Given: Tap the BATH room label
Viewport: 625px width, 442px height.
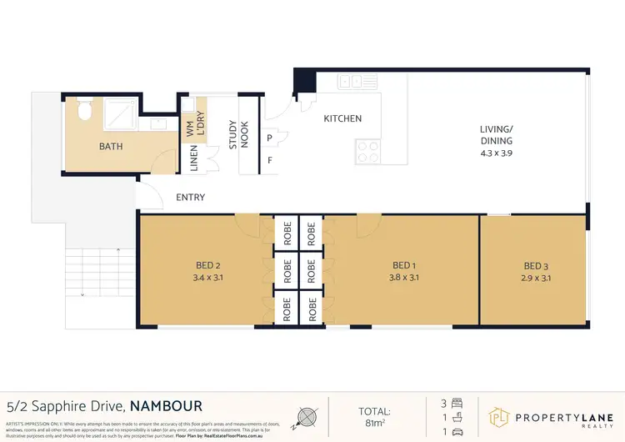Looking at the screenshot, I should [x=111, y=147].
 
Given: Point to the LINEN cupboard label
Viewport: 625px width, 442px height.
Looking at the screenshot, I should [x=194, y=158].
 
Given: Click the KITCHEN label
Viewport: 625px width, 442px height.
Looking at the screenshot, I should [x=342, y=118].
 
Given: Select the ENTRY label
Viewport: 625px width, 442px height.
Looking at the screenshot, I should [x=191, y=198].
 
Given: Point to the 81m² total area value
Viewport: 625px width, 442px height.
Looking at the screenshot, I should [x=374, y=422].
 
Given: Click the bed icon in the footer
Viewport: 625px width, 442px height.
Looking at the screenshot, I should [x=461, y=403].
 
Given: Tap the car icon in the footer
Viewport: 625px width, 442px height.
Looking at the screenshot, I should [x=461, y=432].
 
